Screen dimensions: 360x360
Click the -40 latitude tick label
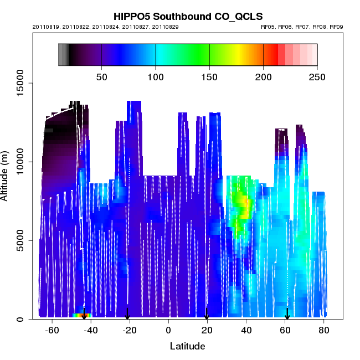pyautogui.click(x=91, y=331)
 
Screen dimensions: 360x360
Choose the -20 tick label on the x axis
pyautogui.click(x=130, y=331)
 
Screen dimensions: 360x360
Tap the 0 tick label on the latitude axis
pyautogui.click(x=168, y=331)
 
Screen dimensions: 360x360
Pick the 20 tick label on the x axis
pyautogui.click(x=207, y=331)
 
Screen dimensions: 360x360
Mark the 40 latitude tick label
pyautogui.click(x=246, y=331)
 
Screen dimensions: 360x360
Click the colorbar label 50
pyautogui.click(x=102, y=76)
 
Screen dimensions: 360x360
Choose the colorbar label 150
pyautogui.click(x=209, y=76)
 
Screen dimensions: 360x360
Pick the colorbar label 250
pyautogui.click(x=317, y=76)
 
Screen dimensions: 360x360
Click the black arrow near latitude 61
pyautogui.click(x=287, y=314)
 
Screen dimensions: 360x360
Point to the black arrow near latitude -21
pyautogui.click(x=127, y=314)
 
